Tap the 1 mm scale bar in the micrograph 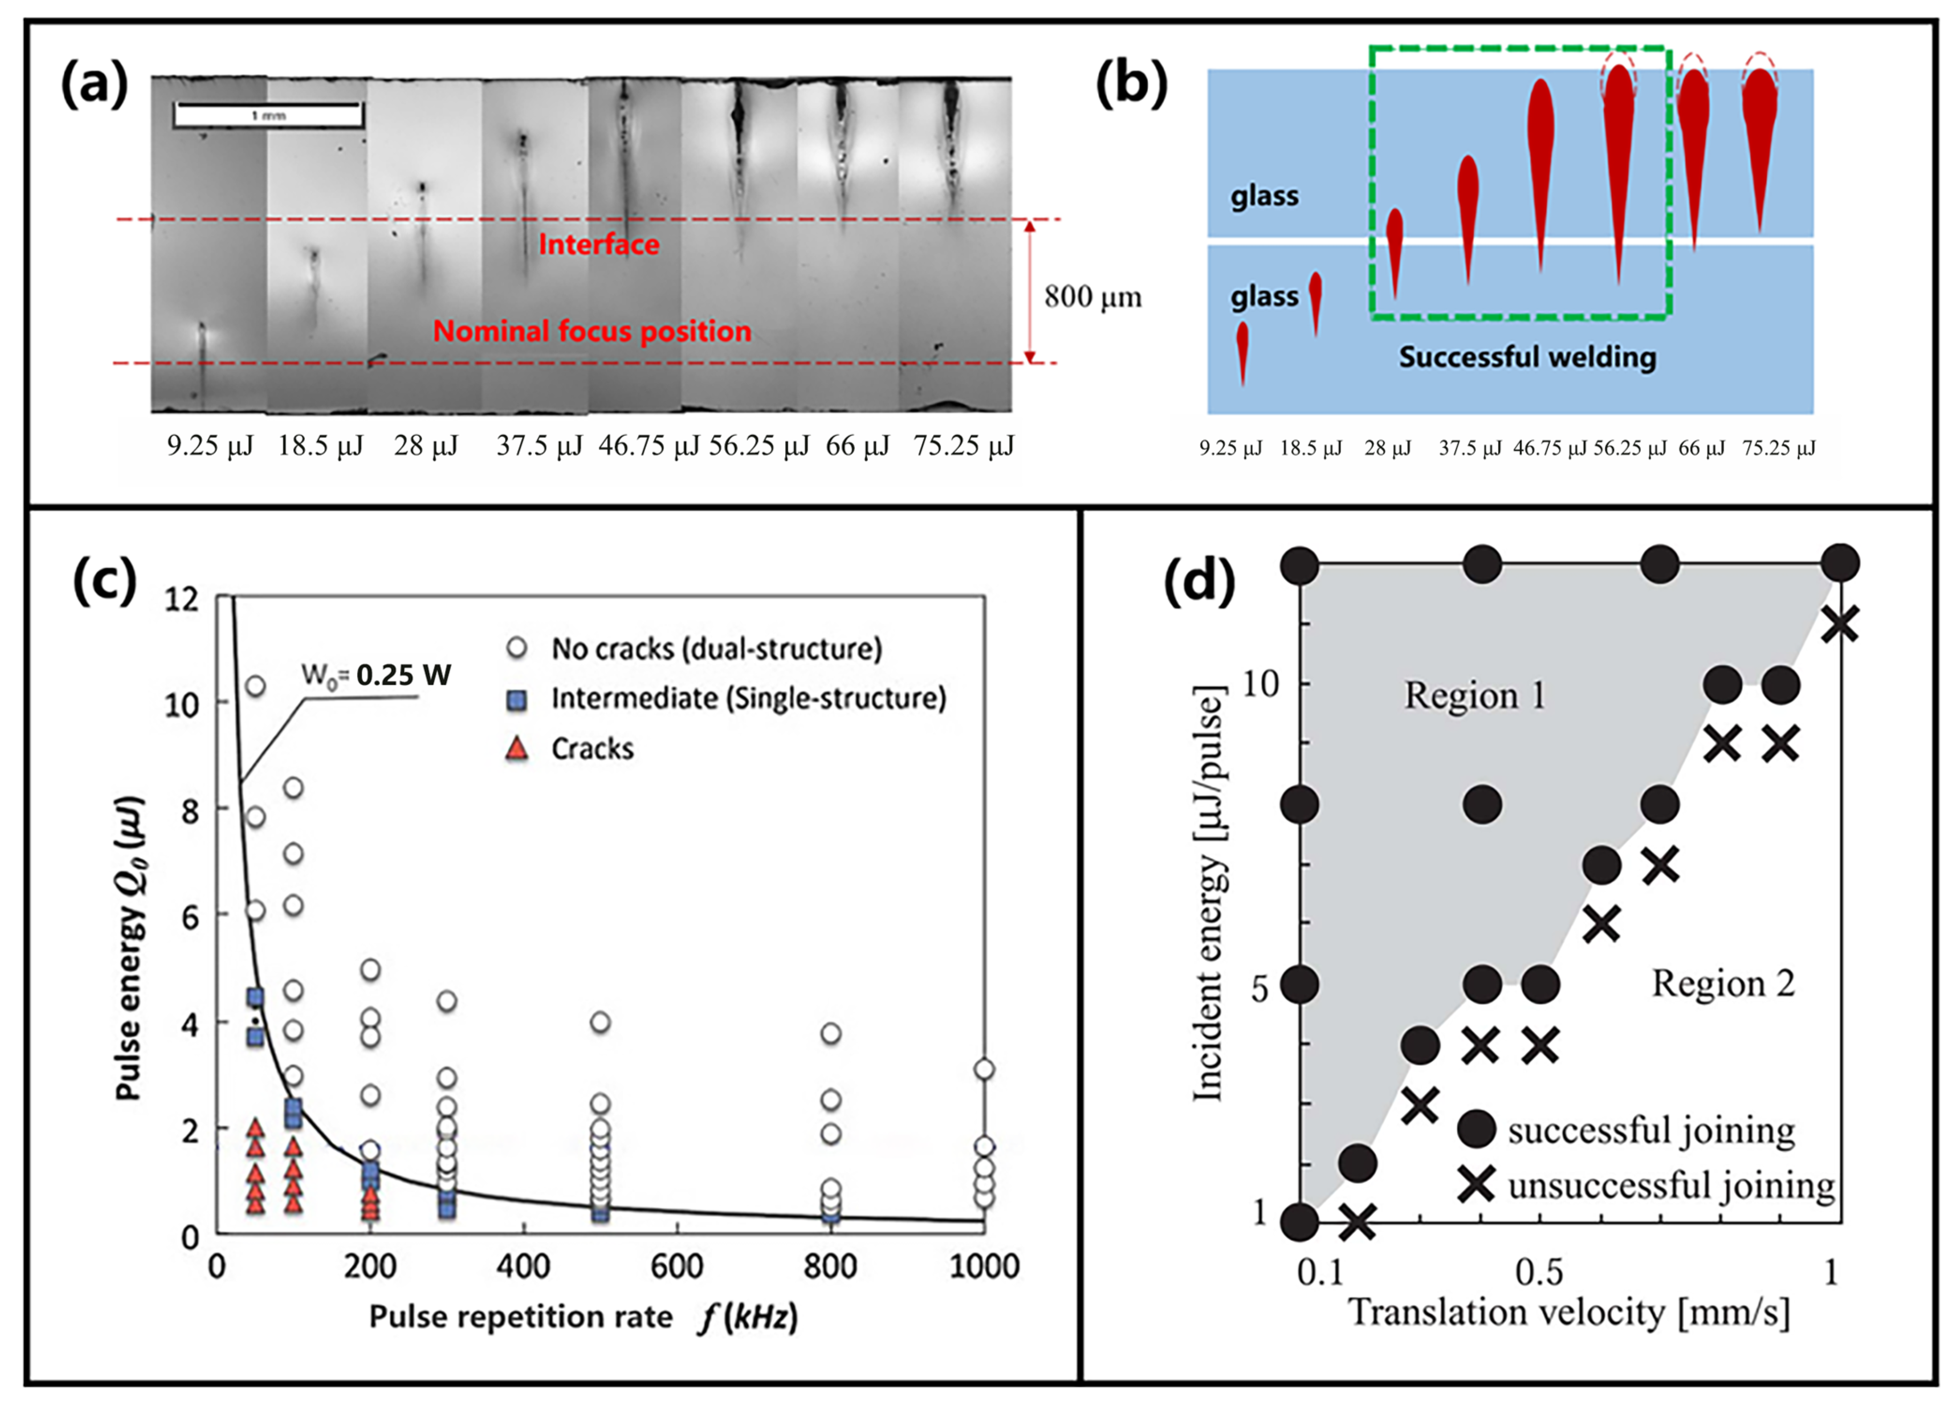pos(268,115)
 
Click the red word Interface pos(598,245)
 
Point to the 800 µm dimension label pos(1092,297)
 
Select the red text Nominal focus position pos(592,331)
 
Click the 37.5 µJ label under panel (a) pos(539,445)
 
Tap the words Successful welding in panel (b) pos(1526,357)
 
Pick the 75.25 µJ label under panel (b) pos(1778,448)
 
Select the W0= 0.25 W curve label pos(376,675)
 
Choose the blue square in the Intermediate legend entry pos(516,699)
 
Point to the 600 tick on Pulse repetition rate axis pos(677,1266)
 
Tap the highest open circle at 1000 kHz pos(984,1070)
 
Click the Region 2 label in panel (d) pos(1722,983)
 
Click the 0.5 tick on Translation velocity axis pos(1539,1272)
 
